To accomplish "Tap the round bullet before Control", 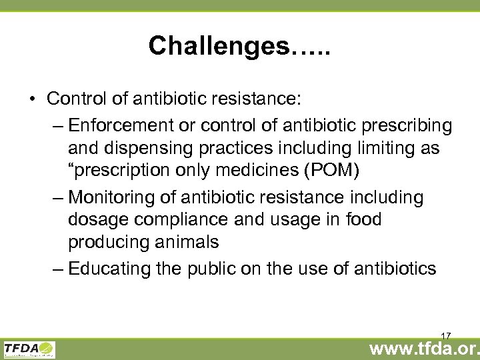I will tap(32, 99).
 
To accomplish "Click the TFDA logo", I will tap(29, 349).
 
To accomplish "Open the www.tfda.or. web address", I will tap(423, 347).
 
